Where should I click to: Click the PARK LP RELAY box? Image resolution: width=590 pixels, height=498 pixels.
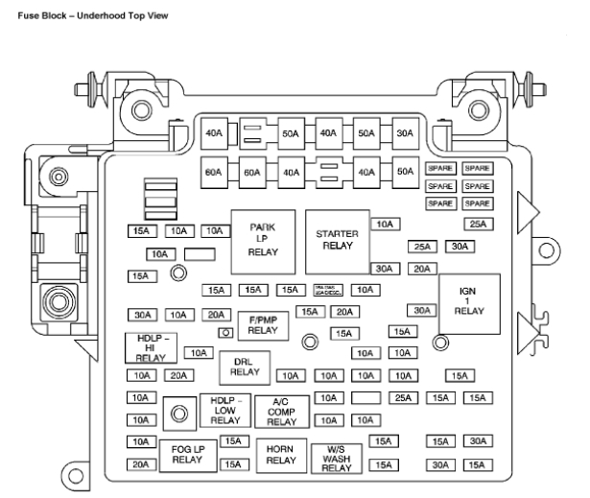point(263,239)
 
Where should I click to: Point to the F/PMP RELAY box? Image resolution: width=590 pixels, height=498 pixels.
point(263,326)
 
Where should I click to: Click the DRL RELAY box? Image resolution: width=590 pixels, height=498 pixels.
point(245,366)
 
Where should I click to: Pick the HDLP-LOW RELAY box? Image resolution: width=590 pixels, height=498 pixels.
point(224,410)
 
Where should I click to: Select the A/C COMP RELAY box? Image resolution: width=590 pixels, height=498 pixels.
point(282,410)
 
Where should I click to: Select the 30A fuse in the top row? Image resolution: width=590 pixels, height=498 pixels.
point(406,134)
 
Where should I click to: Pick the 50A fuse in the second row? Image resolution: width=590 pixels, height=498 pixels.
point(406,173)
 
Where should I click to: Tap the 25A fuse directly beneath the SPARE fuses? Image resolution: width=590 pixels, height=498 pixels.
point(477,225)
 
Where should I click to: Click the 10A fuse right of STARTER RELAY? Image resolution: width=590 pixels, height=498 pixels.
point(385,225)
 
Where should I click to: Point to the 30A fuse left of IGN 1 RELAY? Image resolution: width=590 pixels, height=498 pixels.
point(419,310)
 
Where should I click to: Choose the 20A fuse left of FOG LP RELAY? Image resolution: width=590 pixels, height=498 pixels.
point(141,464)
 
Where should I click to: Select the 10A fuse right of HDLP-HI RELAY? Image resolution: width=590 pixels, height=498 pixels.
point(198,353)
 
